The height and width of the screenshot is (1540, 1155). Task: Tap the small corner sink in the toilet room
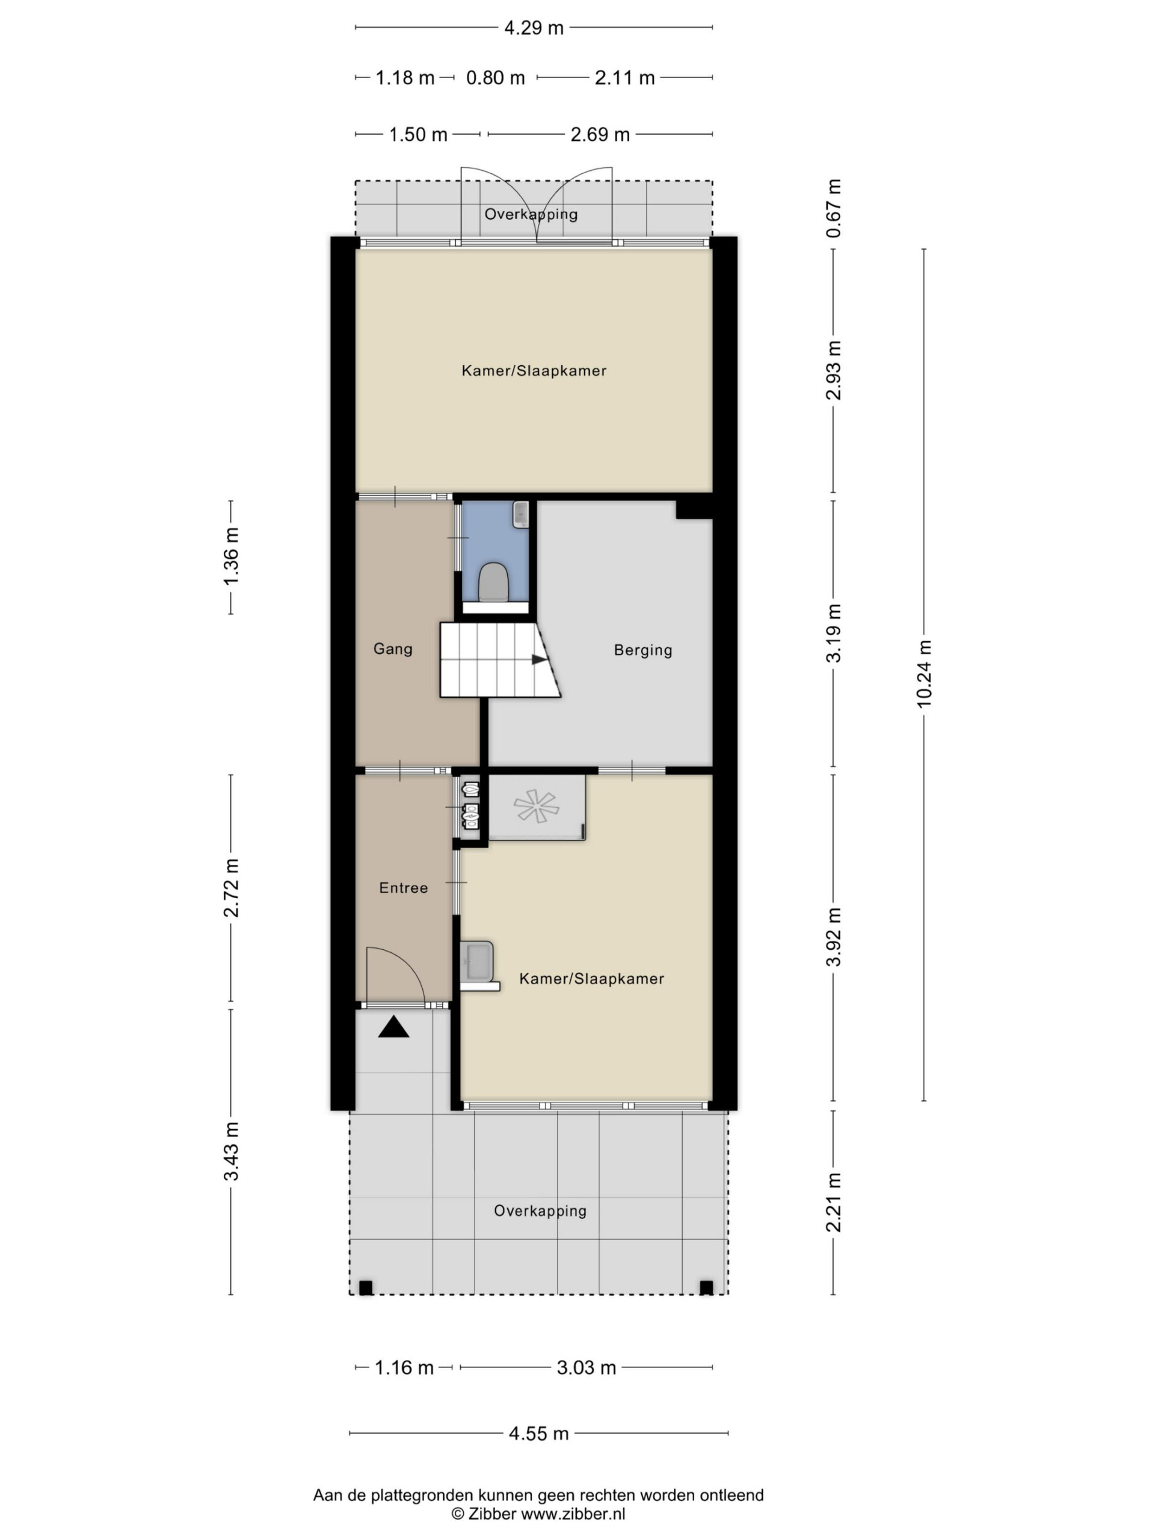[521, 514]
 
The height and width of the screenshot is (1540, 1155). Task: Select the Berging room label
[642, 650]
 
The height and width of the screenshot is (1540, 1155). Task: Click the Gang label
[393, 649]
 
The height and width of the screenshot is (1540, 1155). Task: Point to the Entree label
[403, 888]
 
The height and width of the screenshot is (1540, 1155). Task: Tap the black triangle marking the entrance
[393, 1027]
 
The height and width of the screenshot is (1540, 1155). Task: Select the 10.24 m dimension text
[924, 674]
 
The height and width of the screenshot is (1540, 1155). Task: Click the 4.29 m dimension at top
[534, 28]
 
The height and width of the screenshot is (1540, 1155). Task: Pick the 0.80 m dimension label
[495, 78]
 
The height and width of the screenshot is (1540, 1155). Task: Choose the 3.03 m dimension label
[586, 1367]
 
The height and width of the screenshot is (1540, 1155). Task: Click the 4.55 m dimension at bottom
[539, 1434]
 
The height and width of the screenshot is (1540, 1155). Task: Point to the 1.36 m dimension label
[231, 556]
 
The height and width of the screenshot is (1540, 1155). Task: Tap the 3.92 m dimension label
[833, 937]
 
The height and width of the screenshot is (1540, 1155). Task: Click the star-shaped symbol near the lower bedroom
[536, 806]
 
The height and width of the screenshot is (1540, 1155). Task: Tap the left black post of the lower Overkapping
[366, 1288]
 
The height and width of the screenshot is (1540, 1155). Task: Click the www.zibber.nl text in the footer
[573, 1514]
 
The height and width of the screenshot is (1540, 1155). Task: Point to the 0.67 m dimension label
[833, 208]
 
